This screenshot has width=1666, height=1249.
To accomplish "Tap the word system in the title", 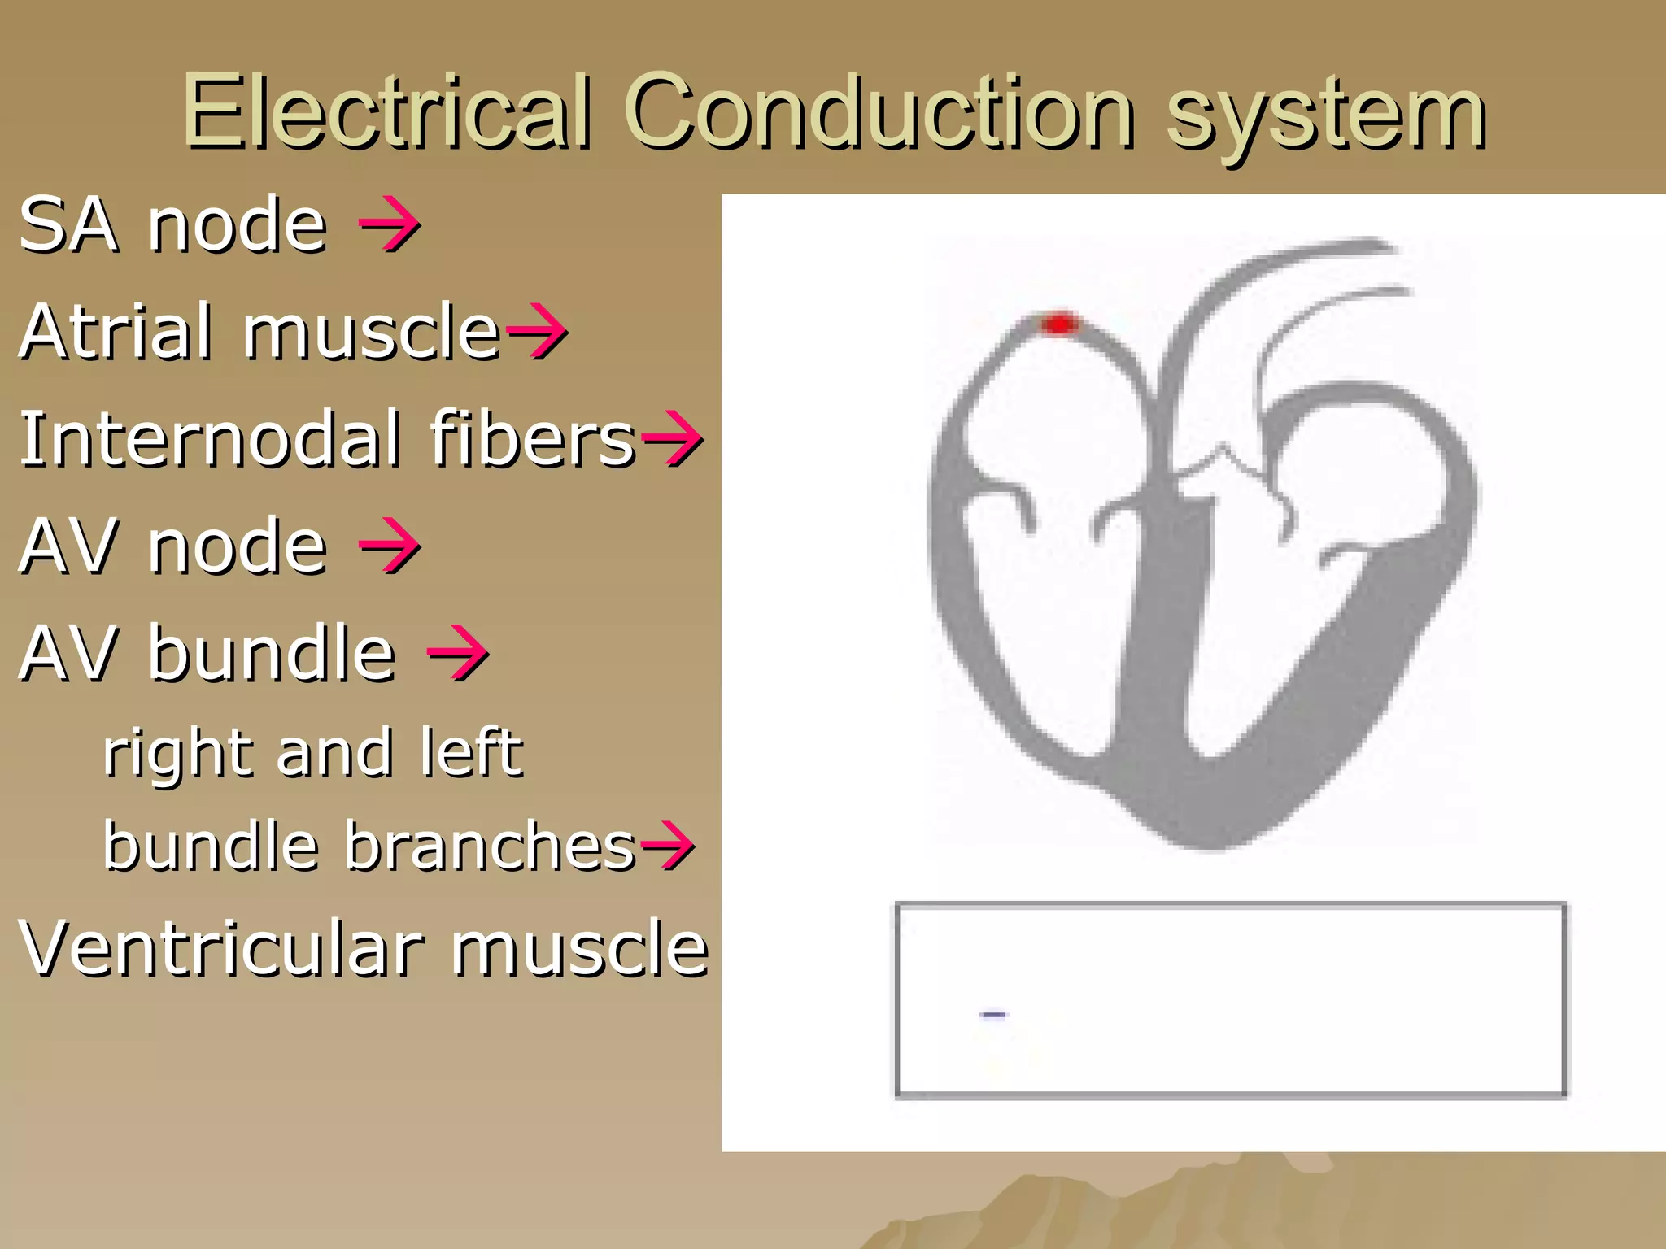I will (1326, 118).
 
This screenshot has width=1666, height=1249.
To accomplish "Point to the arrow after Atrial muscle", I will (536, 331).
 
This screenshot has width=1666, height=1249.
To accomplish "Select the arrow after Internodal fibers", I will (672, 439).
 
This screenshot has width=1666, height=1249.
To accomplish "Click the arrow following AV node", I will (390, 546).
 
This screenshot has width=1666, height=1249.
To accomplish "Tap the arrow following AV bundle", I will (458, 652).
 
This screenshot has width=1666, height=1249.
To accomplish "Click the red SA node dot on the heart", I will (1059, 324).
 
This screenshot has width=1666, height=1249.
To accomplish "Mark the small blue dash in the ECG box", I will (993, 1014).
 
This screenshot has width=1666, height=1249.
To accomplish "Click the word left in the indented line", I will (472, 751).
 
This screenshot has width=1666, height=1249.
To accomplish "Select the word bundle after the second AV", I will (272, 652).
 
